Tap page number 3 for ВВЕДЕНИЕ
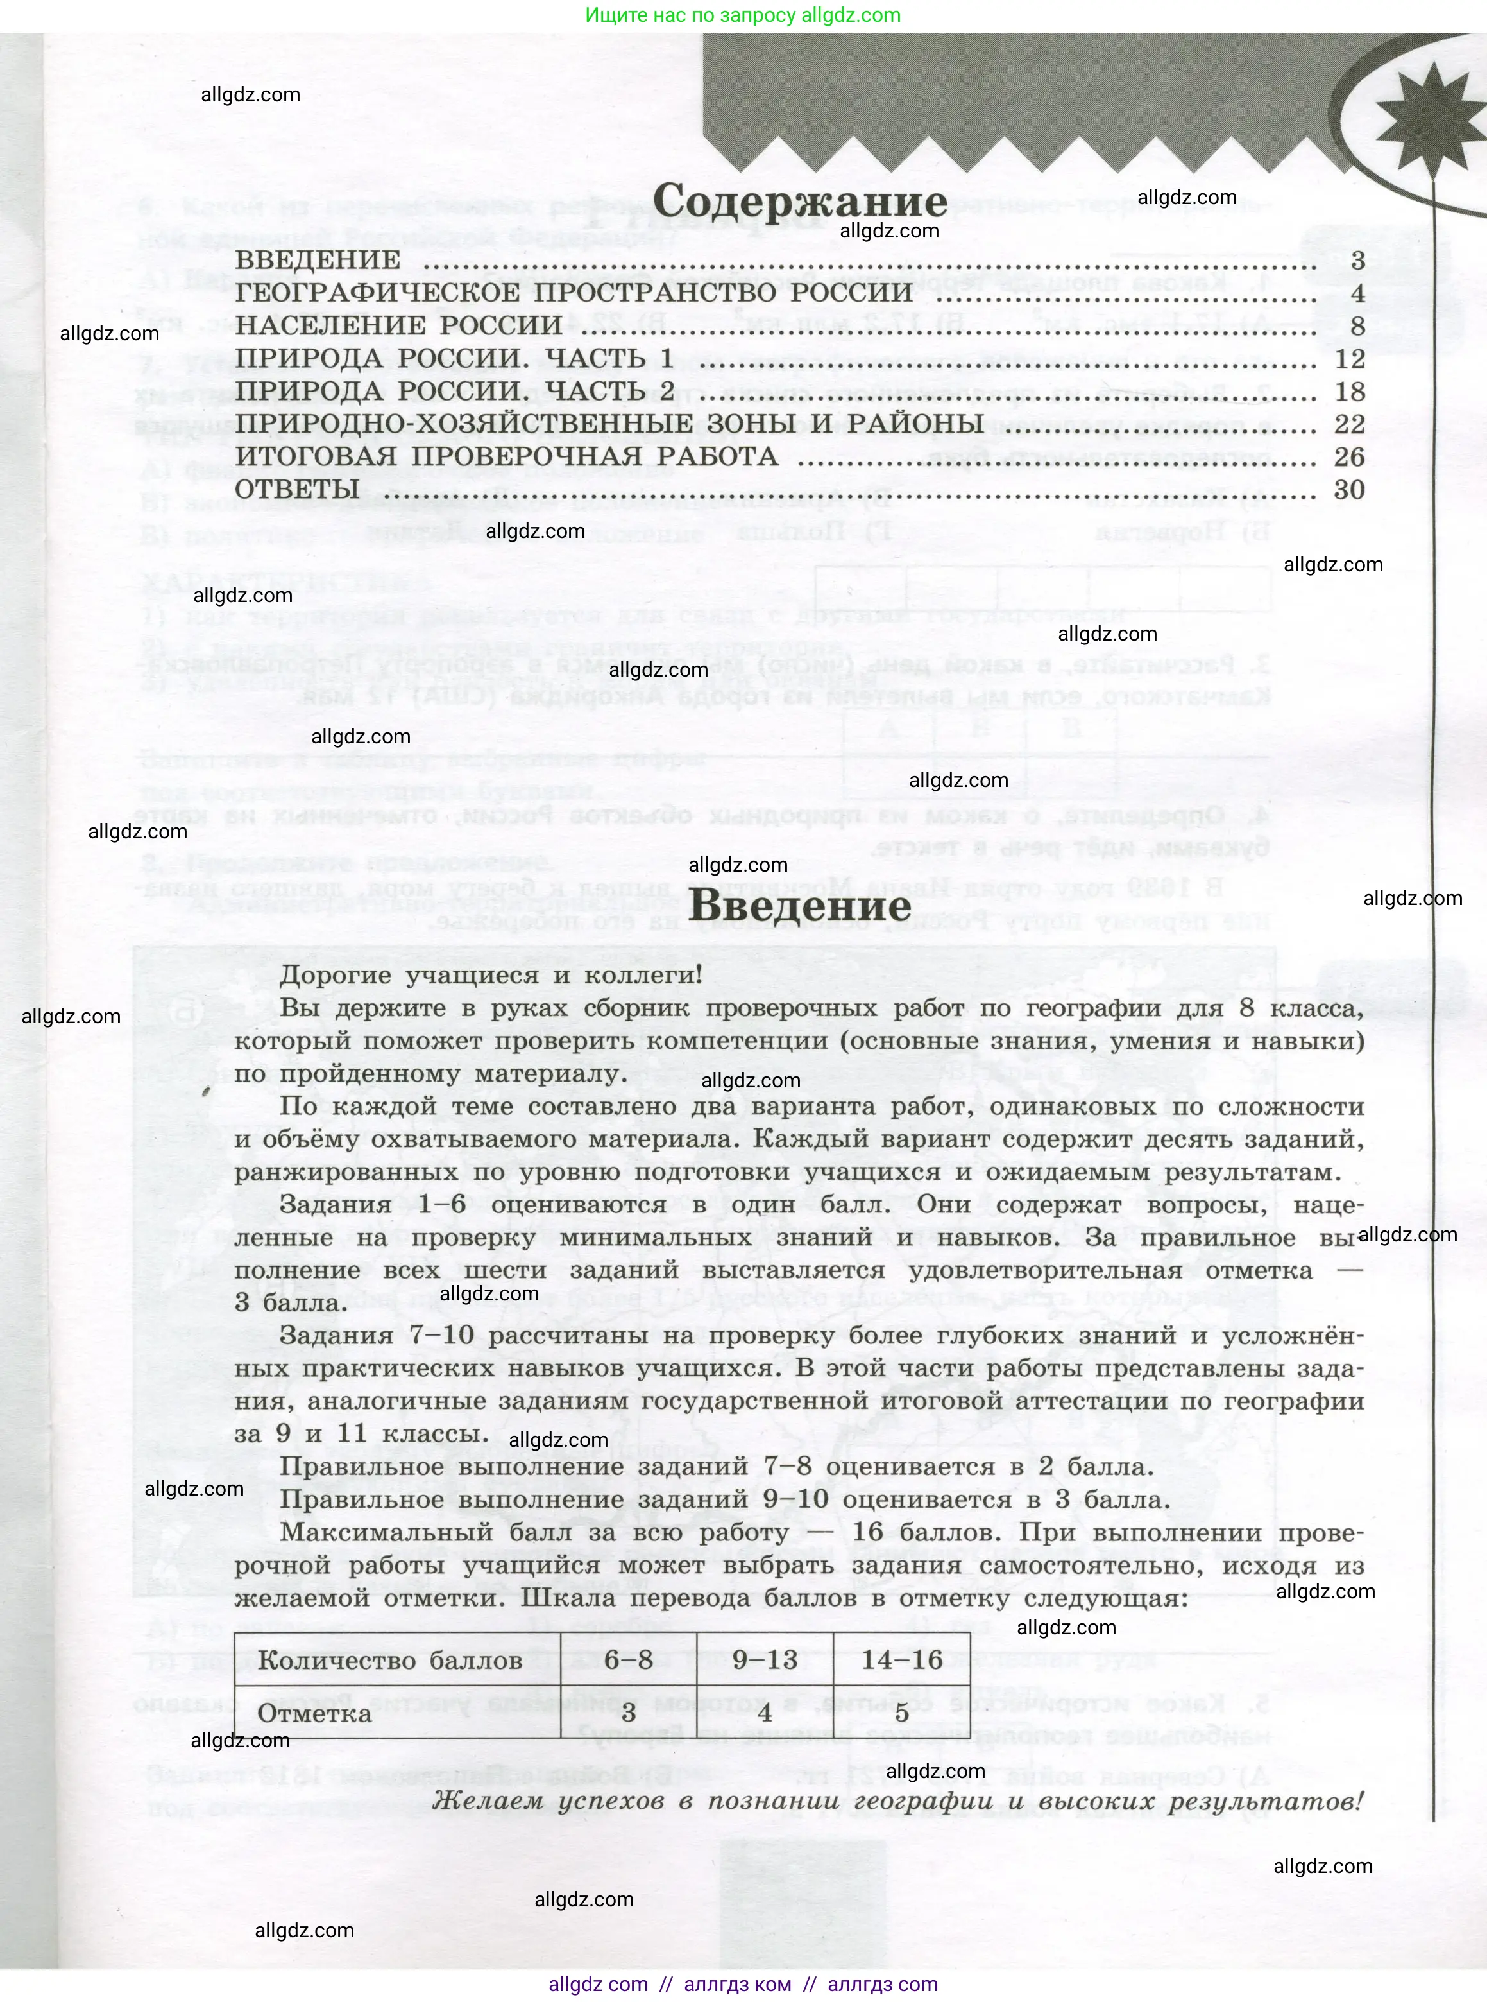[x=1357, y=261]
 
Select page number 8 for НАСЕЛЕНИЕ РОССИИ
[x=1357, y=326]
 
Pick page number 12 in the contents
[x=1350, y=359]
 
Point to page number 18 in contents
[x=1350, y=392]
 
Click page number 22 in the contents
[x=1350, y=424]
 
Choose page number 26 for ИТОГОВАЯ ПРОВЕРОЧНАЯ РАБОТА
[x=1350, y=456]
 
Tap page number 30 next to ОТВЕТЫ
[x=1350, y=490]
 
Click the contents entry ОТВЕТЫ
[x=297, y=490]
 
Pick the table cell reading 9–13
[x=765, y=1660]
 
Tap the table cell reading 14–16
[x=902, y=1660]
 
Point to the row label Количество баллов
[x=390, y=1661]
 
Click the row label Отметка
[x=314, y=1713]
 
